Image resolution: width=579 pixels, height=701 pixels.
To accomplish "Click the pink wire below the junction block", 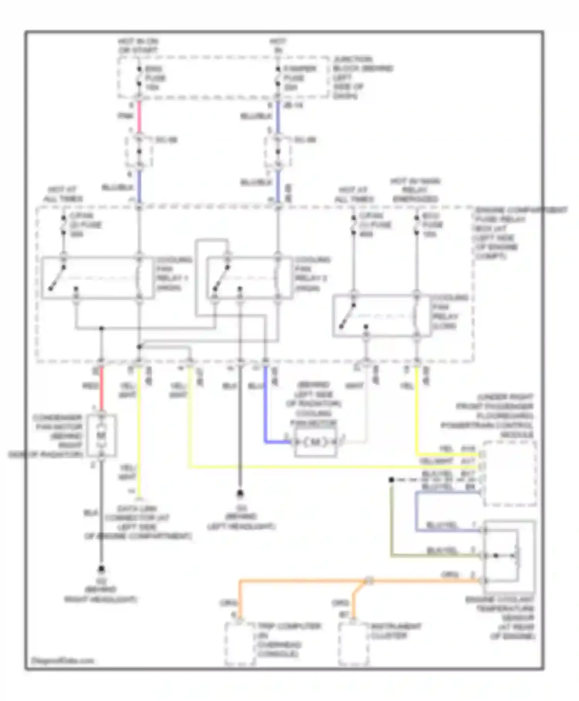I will coord(139,116).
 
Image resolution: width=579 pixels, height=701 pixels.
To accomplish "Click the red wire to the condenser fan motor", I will coord(102,388).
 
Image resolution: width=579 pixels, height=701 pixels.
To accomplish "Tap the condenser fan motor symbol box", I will coord(102,436).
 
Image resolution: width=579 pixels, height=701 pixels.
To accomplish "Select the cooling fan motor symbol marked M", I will coord(315,442).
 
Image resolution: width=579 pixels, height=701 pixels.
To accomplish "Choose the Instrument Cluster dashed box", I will coord(354,644).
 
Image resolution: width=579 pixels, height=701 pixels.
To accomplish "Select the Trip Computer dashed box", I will coord(240,644).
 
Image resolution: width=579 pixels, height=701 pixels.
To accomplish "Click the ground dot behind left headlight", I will coord(240,493).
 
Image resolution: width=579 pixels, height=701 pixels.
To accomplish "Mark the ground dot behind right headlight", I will coord(102,569).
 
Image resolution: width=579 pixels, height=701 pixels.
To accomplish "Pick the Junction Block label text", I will coord(363,77).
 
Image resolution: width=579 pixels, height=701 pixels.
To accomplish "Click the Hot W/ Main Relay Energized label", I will coord(416,190).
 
